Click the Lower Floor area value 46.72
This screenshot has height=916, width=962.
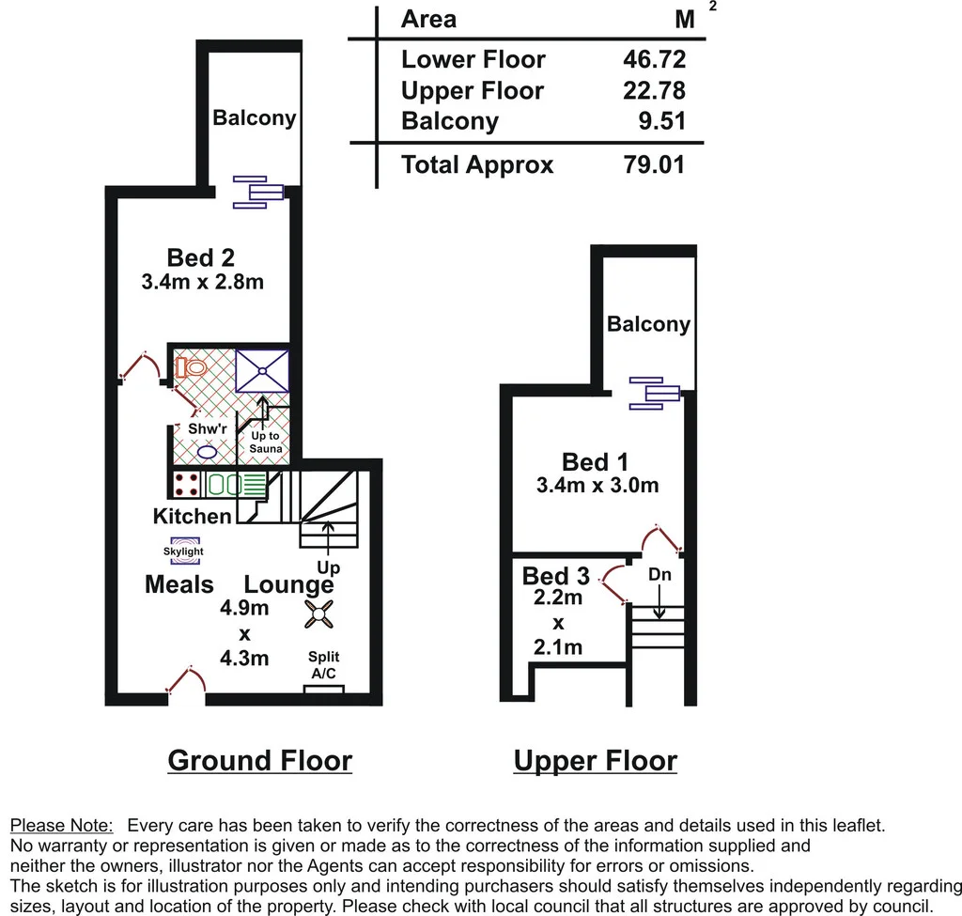(x=654, y=59)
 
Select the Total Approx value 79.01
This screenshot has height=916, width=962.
(x=654, y=165)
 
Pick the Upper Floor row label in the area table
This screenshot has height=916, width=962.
(x=472, y=90)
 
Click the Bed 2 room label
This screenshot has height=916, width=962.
(x=200, y=256)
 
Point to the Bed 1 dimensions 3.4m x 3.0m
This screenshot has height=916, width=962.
(x=596, y=486)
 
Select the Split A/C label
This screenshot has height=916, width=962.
(x=324, y=665)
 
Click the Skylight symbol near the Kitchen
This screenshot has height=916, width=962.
(x=183, y=551)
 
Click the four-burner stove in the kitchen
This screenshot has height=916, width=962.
(x=186, y=484)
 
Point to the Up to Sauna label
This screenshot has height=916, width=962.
(x=264, y=442)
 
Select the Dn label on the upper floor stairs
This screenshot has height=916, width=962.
(x=659, y=574)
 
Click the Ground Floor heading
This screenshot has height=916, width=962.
(x=259, y=760)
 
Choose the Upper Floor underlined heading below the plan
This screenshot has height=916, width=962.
(x=595, y=760)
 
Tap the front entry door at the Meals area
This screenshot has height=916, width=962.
(x=186, y=683)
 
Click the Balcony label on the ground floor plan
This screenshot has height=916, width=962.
(x=254, y=117)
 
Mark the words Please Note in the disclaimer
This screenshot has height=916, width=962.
(x=61, y=826)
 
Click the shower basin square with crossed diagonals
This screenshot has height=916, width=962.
(x=261, y=369)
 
